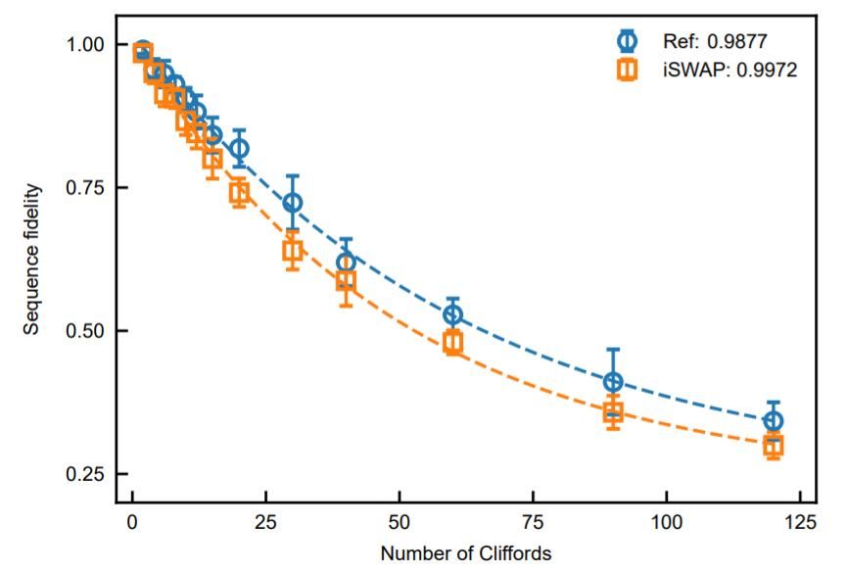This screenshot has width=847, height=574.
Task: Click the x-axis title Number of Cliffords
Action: tap(466, 553)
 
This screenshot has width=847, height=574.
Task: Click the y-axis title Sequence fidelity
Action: tap(32, 259)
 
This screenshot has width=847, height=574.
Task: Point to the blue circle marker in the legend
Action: tap(628, 41)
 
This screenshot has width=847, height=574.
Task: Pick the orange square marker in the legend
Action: tap(628, 70)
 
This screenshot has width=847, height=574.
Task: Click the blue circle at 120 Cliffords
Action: tap(773, 421)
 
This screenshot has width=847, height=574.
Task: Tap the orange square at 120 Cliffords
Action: tap(773, 446)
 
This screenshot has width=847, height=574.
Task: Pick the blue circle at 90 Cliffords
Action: tap(613, 382)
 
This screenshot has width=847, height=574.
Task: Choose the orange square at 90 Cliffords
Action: tap(613, 411)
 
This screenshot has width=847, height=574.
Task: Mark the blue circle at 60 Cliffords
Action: tap(452, 314)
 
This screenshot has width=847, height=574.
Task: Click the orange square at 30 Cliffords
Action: tap(292, 252)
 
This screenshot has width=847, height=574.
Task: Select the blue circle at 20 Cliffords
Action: tap(239, 149)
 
